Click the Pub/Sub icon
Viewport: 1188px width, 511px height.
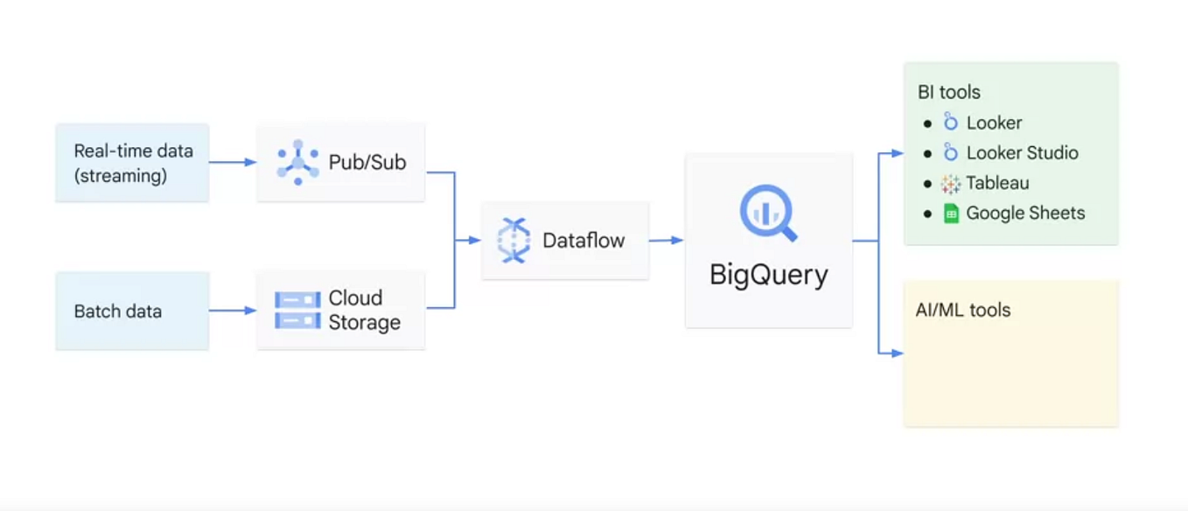(x=298, y=163)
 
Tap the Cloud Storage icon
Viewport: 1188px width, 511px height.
(x=297, y=310)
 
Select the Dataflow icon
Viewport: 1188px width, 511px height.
(x=514, y=241)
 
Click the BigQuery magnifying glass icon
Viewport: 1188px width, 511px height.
(x=768, y=213)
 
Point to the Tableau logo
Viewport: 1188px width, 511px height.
(x=950, y=184)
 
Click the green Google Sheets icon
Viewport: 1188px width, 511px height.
(x=951, y=213)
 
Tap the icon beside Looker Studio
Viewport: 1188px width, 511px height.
(x=950, y=152)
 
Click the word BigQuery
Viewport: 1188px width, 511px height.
(x=768, y=276)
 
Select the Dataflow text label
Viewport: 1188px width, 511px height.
(x=584, y=241)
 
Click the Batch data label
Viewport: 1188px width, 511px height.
(x=118, y=311)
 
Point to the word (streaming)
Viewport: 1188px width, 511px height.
(x=121, y=176)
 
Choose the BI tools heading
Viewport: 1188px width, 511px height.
(x=949, y=92)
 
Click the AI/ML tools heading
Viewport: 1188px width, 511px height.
(x=963, y=310)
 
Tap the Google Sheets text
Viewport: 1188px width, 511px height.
(x=1025, y=213)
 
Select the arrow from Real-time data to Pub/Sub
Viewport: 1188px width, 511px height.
(x=233, y=162)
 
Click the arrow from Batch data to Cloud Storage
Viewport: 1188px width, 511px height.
(x=233, y=311)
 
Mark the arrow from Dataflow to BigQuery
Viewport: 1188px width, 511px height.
(x=666, y=241)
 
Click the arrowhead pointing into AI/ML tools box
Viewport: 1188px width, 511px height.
(x=898, y=353)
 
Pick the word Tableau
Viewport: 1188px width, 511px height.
(x=997, y=183)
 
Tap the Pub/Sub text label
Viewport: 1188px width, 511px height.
(x=367, y=163)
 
